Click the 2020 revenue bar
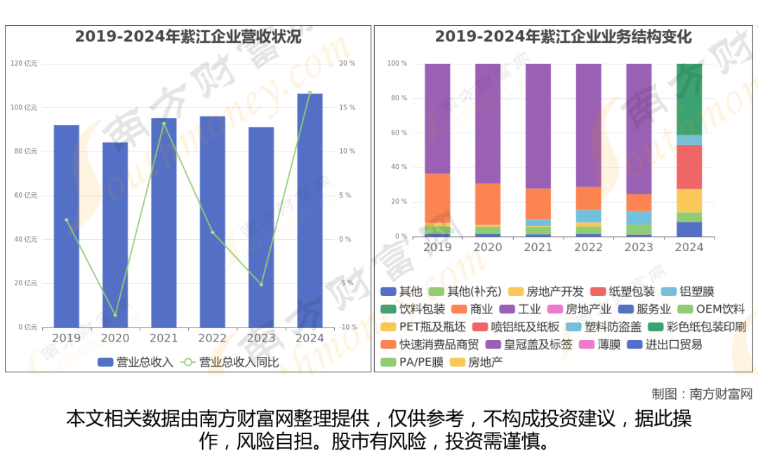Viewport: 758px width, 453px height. click(115, 235)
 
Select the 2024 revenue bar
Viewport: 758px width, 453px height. click(310, 210)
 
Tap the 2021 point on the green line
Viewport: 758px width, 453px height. click(164, 123)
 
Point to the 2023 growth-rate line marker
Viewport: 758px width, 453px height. click(261, 285)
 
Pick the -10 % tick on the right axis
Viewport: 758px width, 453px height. click(347, 327)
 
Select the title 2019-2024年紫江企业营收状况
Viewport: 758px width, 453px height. click(188, 37)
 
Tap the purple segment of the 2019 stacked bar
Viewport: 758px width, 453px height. click(437, 119)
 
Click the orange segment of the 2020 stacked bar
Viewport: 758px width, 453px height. click(488, 203)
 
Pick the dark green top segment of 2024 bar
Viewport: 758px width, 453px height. click(689, 99)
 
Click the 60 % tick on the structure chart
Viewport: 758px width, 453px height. click(397, 133)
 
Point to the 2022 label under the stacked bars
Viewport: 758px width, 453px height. click(588, 247)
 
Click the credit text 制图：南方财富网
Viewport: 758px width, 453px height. click(701, 393)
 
